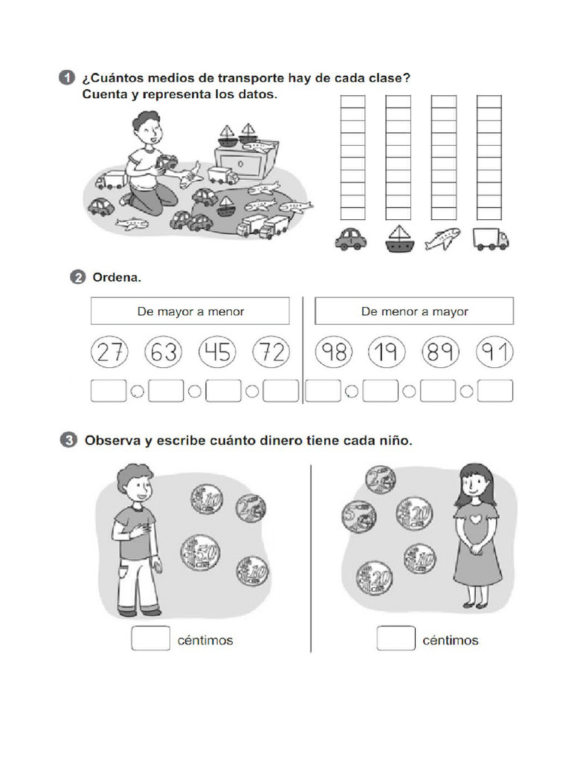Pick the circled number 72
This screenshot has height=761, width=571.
271,352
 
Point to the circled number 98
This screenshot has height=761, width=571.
335,352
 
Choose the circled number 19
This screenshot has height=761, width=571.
386,352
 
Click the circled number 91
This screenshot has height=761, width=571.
495,352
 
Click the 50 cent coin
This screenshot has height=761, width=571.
200,552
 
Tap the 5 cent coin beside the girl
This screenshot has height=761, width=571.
358,515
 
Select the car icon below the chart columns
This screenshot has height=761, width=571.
351,239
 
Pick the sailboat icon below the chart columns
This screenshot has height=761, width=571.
398,239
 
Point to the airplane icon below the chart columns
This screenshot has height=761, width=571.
443,239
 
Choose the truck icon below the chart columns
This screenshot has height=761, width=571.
491,239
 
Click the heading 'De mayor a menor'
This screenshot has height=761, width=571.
190,311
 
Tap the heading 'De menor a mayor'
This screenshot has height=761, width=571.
414,311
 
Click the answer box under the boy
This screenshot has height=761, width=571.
151,639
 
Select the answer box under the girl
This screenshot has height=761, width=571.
396,639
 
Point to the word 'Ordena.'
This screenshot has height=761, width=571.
117,278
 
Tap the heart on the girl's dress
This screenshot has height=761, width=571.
475,514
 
